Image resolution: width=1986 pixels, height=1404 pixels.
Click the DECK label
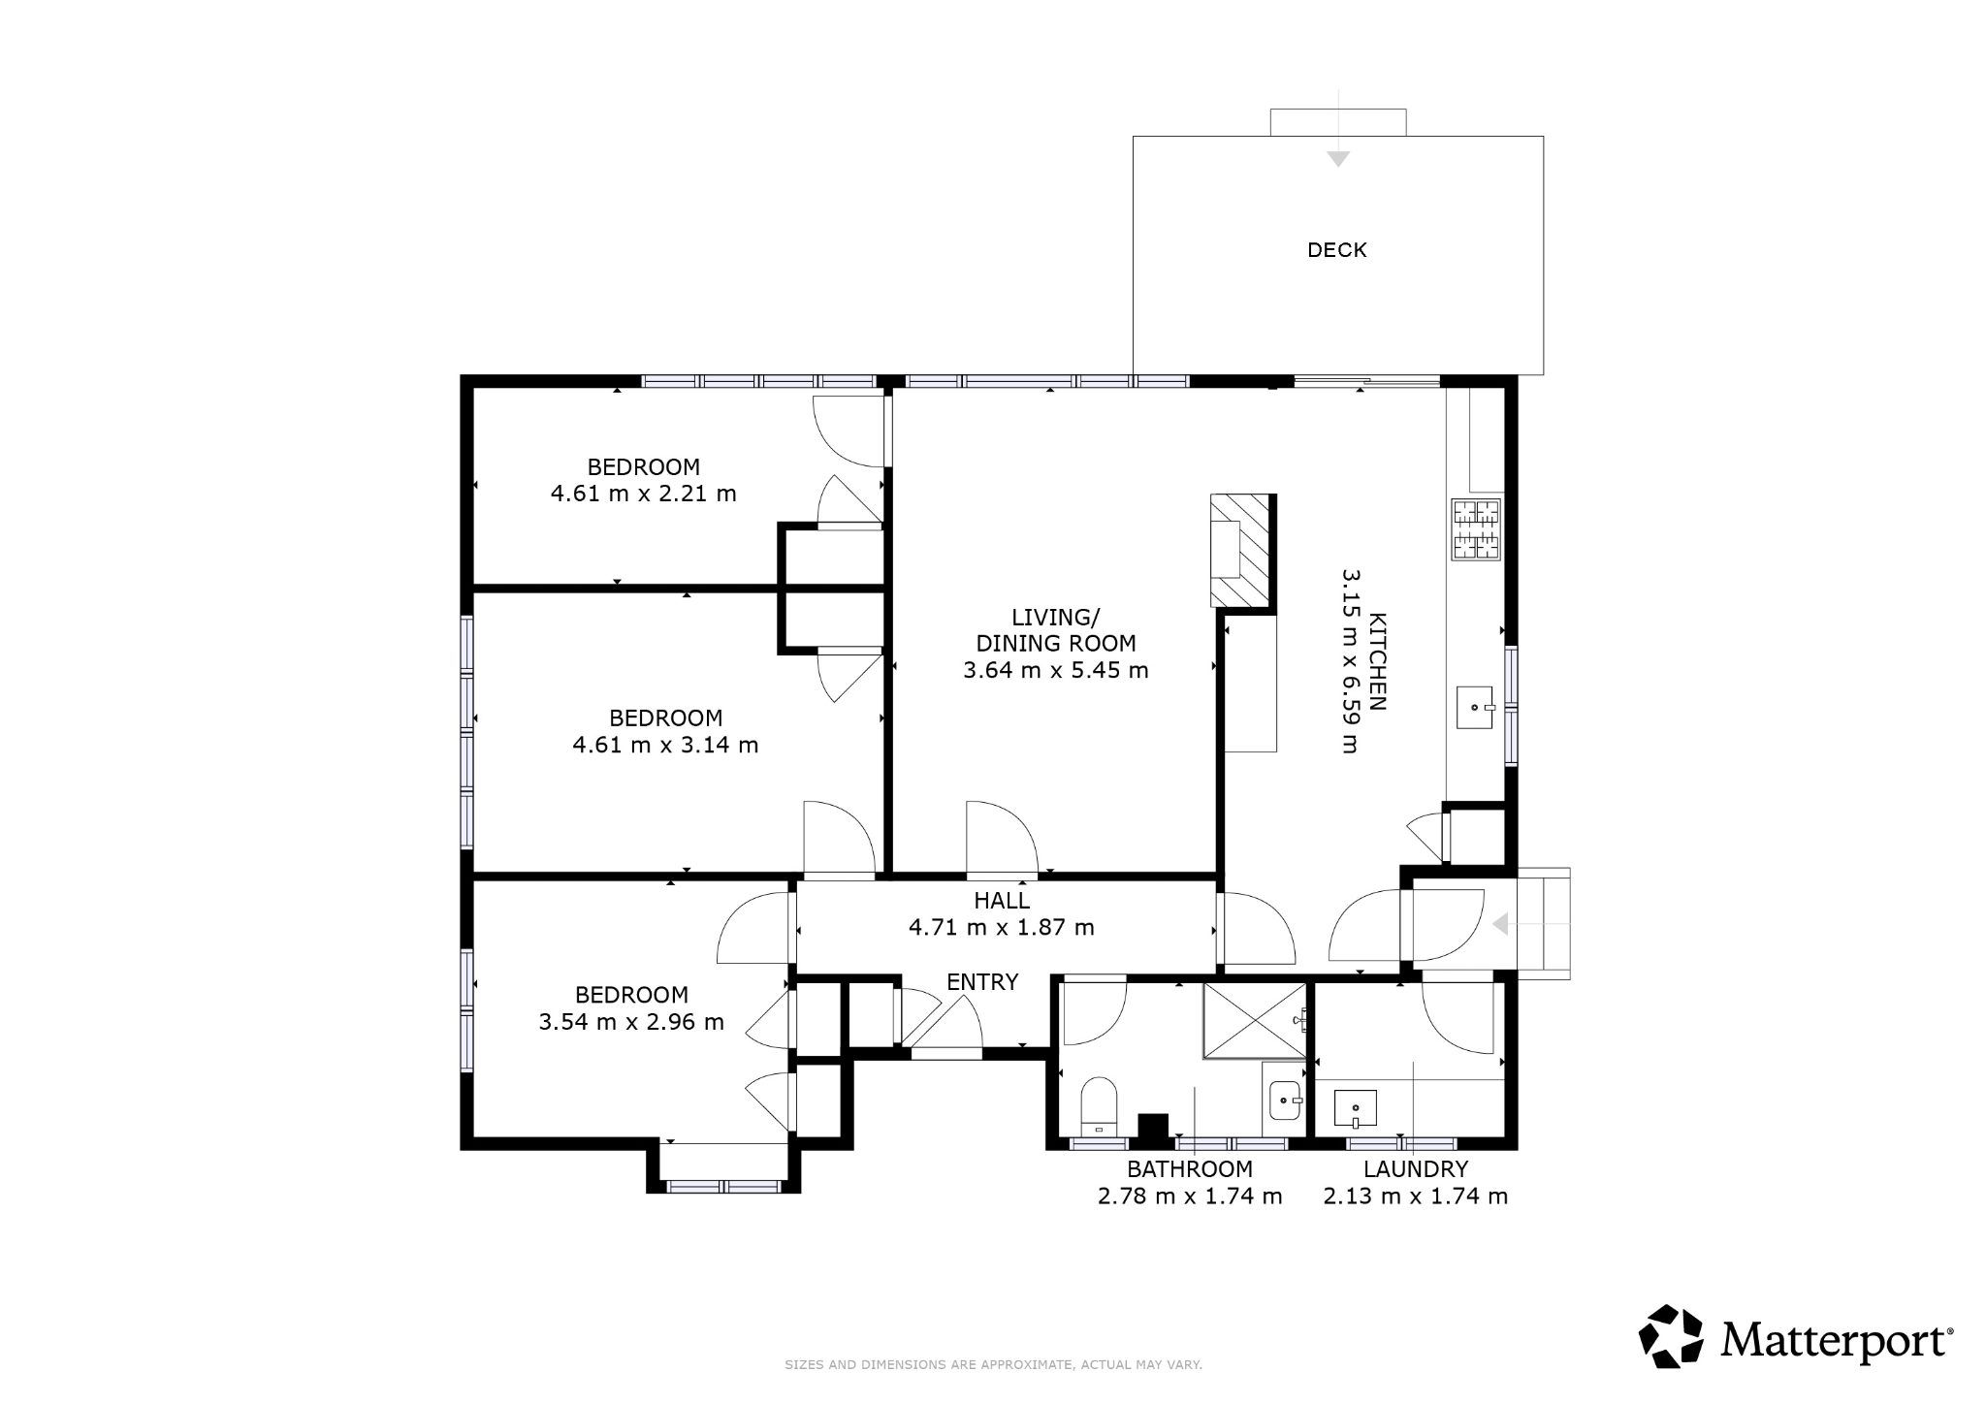click(1336, 250)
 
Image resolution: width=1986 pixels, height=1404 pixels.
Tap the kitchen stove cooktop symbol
click(1475, 529)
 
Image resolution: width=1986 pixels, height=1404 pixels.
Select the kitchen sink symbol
click(1476, 707)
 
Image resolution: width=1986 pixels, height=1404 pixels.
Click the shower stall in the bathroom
click(1254, 1021)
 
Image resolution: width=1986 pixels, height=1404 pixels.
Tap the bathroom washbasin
click(1285, 1101)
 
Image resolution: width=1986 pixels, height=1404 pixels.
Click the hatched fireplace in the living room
click(1240, 551)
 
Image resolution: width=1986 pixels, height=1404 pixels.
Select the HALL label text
click(1002, 901)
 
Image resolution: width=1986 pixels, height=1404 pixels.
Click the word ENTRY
click(982, 982)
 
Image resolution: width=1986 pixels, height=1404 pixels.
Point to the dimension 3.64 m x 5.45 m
click(1056, 670)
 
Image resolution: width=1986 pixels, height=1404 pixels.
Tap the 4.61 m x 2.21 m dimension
click(644, 494)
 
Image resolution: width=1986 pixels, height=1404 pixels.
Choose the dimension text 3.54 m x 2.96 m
click(631, 1022)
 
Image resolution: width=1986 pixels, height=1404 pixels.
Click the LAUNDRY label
click(1416, 1169)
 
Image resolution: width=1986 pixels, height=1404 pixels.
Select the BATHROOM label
click(1190, 1169)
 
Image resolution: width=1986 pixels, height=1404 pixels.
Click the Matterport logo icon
click(1671, 1337)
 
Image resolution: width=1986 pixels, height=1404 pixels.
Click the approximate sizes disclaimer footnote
click(993, 1365)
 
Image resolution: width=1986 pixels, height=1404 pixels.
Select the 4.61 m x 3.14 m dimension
click(666, 746)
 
